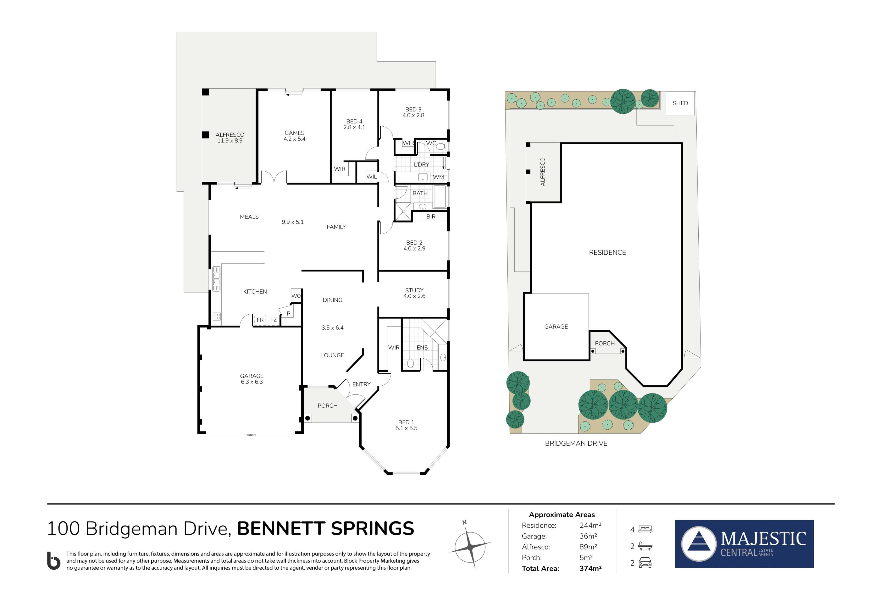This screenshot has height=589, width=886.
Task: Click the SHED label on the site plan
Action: [680, 103]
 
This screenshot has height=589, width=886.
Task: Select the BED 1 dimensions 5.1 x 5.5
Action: [406, 428]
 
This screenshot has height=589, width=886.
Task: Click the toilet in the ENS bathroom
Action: [410, 364]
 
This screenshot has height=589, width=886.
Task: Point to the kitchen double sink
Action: [216, 279]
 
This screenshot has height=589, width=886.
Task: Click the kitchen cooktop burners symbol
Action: [216, 316]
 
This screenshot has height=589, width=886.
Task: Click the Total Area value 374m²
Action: [590, 568]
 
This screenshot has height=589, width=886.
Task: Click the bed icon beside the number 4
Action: [645, 529]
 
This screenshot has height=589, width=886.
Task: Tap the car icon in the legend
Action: [645, 563]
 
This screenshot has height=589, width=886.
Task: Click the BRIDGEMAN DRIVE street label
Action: [576, 443]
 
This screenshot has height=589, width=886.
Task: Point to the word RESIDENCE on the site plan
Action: [607, 253]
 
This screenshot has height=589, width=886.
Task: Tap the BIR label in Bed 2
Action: [431, 216]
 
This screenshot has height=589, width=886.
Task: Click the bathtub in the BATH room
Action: [440, 196]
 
